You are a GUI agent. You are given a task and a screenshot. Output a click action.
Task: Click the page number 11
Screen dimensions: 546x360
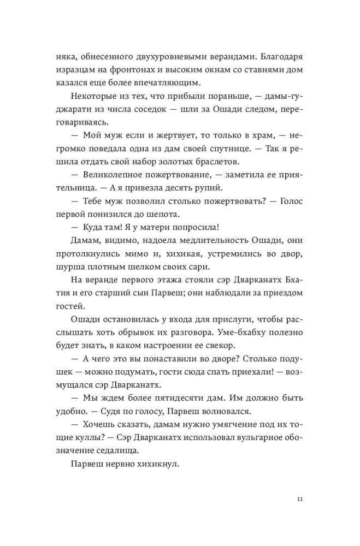coord(298,499)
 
